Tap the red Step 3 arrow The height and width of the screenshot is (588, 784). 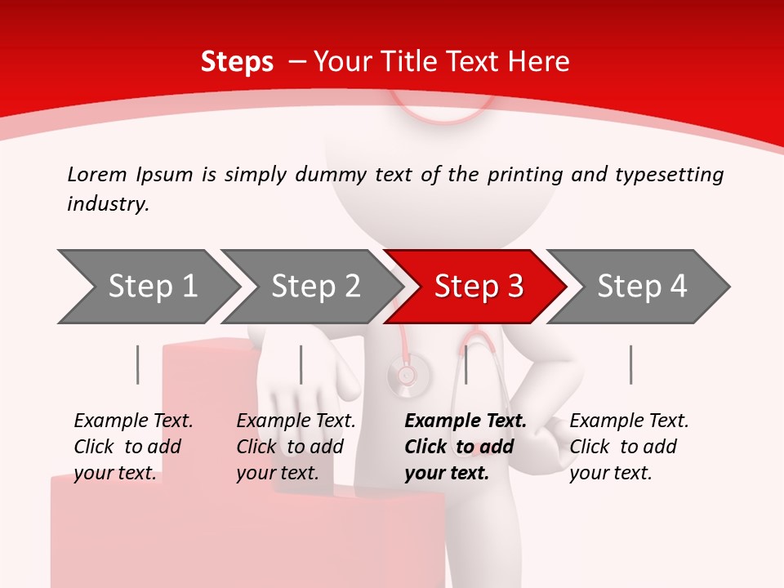point(479,286)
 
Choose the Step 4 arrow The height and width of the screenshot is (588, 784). point(642,286)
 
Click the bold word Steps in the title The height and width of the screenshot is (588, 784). point(237,61)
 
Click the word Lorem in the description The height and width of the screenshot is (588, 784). point(96,174)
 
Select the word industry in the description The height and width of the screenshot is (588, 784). point(107,204)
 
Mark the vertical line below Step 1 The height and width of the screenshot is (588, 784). point(138,364)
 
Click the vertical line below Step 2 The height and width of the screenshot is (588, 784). point(301,364)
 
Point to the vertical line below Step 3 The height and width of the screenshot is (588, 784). point(465,364)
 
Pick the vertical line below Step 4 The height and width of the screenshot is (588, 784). point(631,364)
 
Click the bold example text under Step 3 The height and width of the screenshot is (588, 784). point(465,447)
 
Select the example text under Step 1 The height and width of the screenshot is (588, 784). point(133,447)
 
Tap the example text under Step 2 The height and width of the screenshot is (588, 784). point(296,447)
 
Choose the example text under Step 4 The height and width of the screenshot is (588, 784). point(629,447)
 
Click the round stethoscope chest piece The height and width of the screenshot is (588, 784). point(405,375)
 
